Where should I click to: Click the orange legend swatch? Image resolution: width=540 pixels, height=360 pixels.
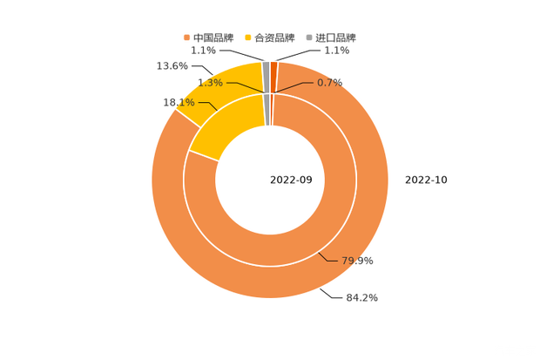pos(186,37)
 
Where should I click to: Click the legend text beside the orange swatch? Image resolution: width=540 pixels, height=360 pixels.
pos(213,37)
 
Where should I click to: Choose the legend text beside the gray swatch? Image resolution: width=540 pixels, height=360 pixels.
pos(335,37)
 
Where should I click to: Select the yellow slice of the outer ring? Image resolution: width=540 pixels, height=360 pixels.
pos(218,87)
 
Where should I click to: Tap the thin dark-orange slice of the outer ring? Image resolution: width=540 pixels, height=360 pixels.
pos(273,68)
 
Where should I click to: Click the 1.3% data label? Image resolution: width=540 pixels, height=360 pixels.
pos(209,83)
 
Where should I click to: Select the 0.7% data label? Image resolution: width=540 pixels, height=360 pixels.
pos(330,83)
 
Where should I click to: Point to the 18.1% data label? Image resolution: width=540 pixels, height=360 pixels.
pos(179,103)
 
